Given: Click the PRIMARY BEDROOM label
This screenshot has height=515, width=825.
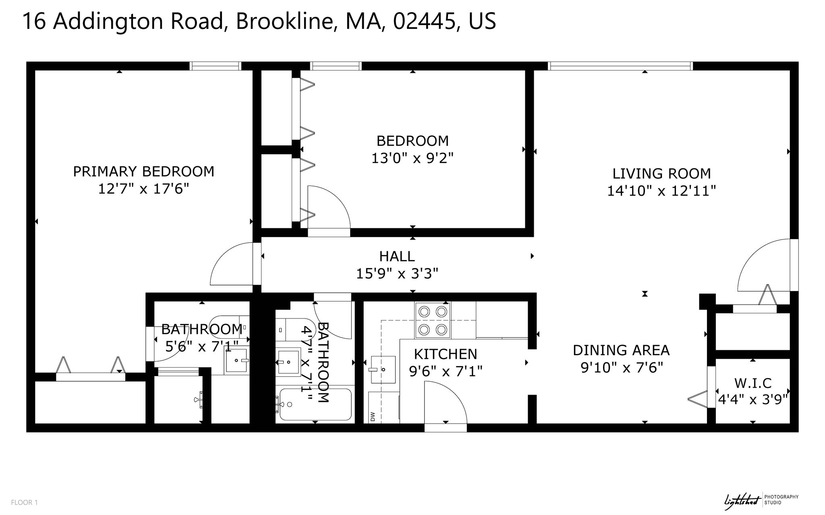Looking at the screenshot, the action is point(143,172).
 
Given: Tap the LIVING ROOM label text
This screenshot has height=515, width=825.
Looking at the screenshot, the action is point(661,174).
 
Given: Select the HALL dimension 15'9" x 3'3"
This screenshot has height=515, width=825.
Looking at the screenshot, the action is point(397,274).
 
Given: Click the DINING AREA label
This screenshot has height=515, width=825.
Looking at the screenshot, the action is point(621,350).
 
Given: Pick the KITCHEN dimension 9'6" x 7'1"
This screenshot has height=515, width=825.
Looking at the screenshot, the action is point(446,370).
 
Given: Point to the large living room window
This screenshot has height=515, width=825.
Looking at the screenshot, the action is point(621,66).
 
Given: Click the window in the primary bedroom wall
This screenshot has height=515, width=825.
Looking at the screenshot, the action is point(216,66).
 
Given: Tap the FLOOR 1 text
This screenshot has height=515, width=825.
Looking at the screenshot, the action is point(24,502).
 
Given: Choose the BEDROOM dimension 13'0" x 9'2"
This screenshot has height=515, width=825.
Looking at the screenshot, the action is point(412,158).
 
